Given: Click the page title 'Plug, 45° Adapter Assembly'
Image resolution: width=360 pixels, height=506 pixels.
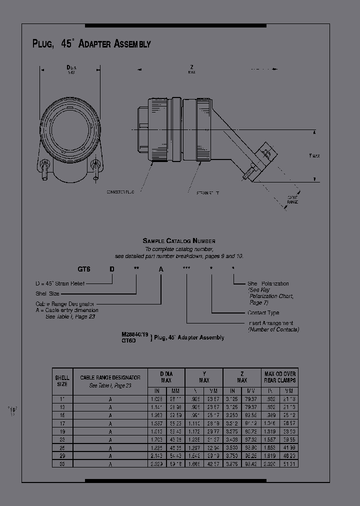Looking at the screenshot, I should pos(91,44).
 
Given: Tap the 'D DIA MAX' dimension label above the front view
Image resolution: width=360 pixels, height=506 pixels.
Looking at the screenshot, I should pos(71,68).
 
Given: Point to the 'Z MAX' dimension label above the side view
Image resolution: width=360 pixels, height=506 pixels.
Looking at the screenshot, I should pos(191,68).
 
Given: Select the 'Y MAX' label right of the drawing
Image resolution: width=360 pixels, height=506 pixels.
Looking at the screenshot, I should pos(314,155).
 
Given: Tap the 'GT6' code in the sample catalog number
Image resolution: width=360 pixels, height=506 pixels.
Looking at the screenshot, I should pos(84,269).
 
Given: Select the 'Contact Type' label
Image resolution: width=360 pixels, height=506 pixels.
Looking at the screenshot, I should pos(263,313).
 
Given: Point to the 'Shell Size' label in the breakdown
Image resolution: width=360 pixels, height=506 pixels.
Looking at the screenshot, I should pos(47,293).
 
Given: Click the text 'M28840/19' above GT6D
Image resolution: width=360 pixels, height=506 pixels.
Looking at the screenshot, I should pos(135,332).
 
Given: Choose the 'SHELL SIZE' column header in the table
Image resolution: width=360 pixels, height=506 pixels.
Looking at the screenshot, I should pos(62,380).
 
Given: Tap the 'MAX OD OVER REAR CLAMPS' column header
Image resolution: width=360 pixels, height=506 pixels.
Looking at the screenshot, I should pos(280,377).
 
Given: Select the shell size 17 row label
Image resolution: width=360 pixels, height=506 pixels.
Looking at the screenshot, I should pos(62,423).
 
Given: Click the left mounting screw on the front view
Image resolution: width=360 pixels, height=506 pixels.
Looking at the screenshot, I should pos(45,165).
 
